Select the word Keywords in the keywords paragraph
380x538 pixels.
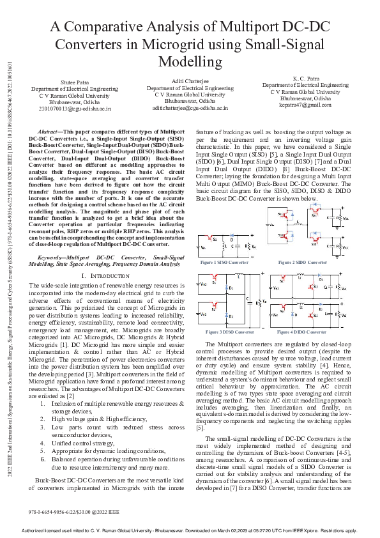click(52, 238)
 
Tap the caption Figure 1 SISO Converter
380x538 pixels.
click(224, 263)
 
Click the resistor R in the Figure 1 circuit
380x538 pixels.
click(250, 246)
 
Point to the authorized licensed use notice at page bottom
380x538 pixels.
click(190, 531)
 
